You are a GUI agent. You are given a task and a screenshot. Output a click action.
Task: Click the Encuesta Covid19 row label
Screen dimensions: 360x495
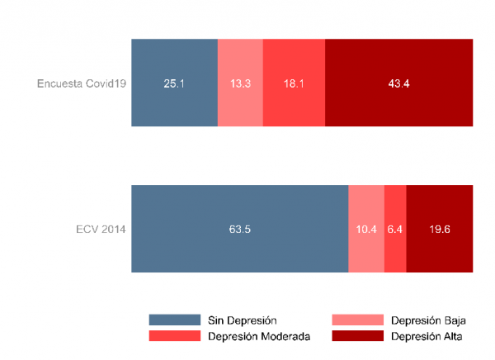tap(82, 83)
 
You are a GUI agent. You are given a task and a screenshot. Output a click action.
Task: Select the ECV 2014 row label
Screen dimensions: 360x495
tap(101, 229)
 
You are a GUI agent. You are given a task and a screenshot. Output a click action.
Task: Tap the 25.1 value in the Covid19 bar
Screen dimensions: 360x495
tap(174, 83)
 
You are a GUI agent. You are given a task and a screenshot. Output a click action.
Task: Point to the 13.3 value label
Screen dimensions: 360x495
tap(240, 83)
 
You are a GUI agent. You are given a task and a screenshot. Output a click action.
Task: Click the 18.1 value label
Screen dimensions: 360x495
tap(294, 83)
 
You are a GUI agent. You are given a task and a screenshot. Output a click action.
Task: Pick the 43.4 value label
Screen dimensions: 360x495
tap(398, 83)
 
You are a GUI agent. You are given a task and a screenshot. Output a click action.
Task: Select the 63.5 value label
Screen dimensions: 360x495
tap(240, 229)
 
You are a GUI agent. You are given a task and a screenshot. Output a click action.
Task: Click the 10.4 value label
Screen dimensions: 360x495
tap(366, 229)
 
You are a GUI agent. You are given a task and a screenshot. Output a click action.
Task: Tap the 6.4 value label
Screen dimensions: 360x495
tap(395, 229)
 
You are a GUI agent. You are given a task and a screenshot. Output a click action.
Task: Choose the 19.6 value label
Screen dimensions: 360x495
tap(439, 229)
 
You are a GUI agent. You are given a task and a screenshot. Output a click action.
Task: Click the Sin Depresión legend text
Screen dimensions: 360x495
tap(242, 320)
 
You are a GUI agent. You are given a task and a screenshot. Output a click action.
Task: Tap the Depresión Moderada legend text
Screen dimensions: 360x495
tap(259, 336)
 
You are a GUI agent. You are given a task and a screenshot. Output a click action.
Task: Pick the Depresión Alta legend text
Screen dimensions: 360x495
tap(427, 336)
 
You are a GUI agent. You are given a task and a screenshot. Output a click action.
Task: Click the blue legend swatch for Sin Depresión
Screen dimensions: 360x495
tap(175, 320)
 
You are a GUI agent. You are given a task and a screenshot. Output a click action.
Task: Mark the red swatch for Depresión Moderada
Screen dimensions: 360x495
tap(175, 336)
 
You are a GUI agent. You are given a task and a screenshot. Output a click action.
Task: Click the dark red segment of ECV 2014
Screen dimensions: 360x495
tap(439, 248)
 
